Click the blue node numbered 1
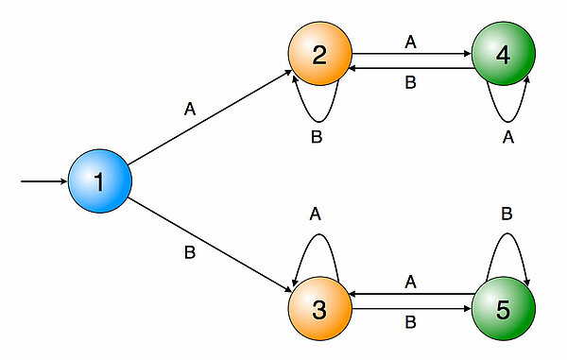(x=98, y=180)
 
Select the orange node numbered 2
(x=319, y=55)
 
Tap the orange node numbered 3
(x=319, y=308)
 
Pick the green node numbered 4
(x=503, y=55)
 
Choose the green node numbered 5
(x=503, y=308)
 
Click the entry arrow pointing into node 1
(x=43, y=180)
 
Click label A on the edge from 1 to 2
(x=190, y=109)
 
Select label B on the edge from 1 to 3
(x=190, y=253)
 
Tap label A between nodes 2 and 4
(x=410, y=42)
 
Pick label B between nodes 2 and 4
(x=410, y=82)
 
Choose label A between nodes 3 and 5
(x=410, y=281)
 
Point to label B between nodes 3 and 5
(x=410, y=321)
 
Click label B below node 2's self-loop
(x=318, y=137)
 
